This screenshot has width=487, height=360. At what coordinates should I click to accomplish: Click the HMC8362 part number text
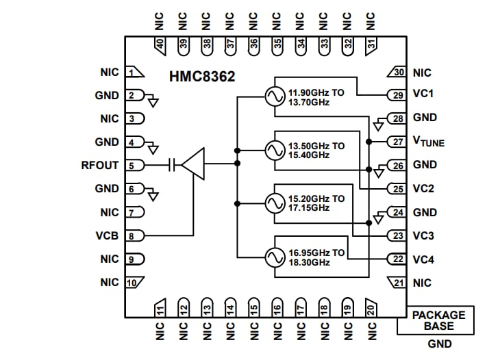202,77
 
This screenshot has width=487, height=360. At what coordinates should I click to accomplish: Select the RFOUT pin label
99,165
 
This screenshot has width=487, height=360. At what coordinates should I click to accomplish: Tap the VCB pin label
107,235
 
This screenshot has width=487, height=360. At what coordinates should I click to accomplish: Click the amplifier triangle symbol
194,164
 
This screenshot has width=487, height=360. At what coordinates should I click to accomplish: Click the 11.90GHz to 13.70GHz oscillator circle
275,97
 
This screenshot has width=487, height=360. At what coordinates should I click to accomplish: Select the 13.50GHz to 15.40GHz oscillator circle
275,150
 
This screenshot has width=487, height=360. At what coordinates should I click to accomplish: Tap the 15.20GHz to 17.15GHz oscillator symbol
275,203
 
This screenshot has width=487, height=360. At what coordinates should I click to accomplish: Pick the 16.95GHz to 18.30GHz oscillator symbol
275,257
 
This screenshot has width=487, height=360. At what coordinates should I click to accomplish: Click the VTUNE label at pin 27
428,142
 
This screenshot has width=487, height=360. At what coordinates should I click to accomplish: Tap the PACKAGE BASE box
438,320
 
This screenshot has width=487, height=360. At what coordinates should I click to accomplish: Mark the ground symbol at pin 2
153,102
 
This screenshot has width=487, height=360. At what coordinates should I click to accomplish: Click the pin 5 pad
135,165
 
